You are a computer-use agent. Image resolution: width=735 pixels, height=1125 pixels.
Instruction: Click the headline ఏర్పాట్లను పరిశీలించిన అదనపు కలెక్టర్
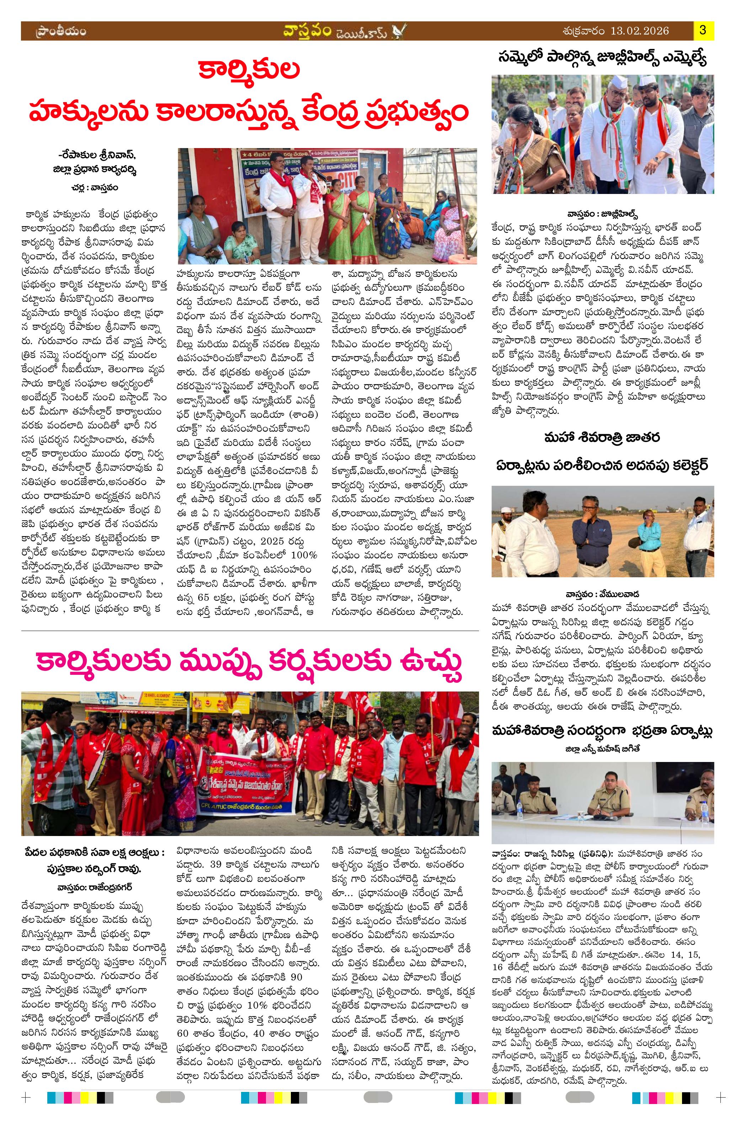click(603, 465)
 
